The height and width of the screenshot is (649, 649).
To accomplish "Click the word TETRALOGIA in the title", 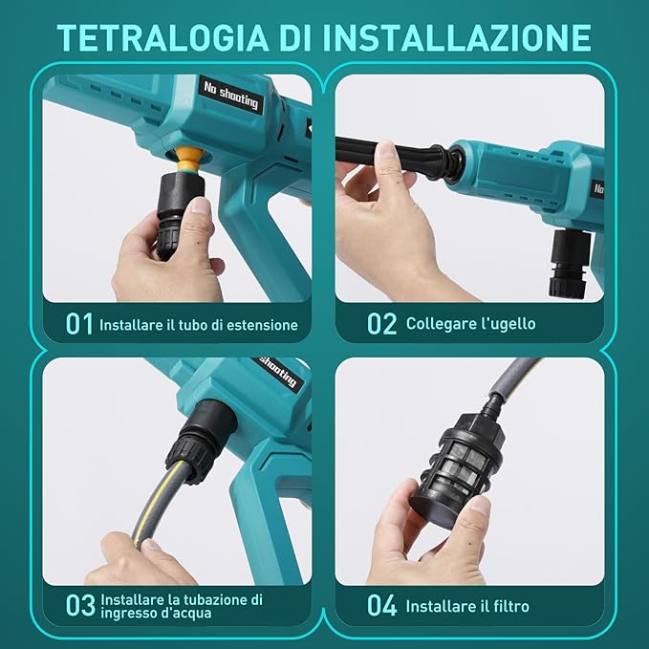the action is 162,38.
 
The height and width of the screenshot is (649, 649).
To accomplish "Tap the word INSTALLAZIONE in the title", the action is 457,38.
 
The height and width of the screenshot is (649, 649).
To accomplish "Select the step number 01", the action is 79,324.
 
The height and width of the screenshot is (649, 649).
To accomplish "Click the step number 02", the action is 381,324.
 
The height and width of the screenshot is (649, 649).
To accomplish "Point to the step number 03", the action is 80,606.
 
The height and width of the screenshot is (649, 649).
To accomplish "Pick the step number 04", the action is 381,606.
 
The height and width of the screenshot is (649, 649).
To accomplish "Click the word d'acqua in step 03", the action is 185,613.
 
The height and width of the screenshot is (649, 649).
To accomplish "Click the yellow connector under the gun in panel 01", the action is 189,161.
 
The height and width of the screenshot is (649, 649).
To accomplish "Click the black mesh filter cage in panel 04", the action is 459,469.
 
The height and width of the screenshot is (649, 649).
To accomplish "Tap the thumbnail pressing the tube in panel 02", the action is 386,149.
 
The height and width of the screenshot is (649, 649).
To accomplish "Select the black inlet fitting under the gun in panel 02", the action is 570,263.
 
